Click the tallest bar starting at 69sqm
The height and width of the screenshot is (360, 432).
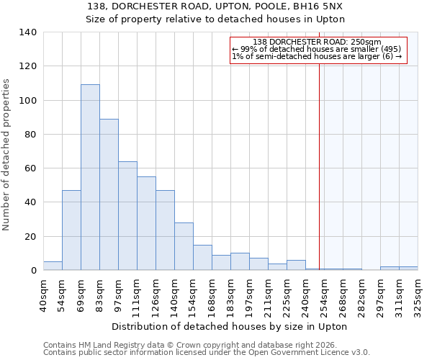coord(90,177)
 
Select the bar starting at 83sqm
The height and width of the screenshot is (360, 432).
coord(109,194)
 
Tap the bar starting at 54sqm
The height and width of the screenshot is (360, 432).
coord(71,230)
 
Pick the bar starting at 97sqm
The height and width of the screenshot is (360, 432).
coord(127,216)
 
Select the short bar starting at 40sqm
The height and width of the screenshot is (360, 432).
coord(53,266)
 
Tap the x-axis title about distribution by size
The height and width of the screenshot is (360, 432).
coord(230,326)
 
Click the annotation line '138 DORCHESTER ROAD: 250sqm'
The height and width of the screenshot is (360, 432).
coord(318,42)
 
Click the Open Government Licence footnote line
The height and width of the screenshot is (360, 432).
coord(206,353)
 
